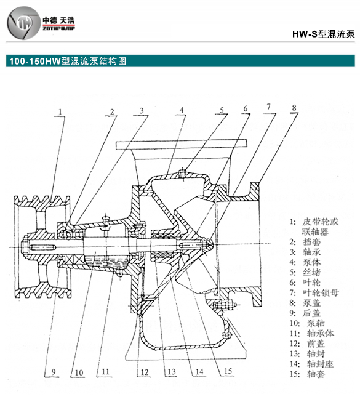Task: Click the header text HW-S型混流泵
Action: coord(323,34)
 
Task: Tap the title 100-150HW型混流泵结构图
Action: coord(66,62)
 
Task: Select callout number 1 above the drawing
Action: coord(62,111)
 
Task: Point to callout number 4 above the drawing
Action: coord(182,111)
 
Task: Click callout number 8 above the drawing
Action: coord(294,108)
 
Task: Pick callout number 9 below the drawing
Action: coord(53,371)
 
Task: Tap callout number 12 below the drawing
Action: coord(143,371)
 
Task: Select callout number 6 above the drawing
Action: coord(245,109)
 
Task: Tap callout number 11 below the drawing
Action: coord(105,371)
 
